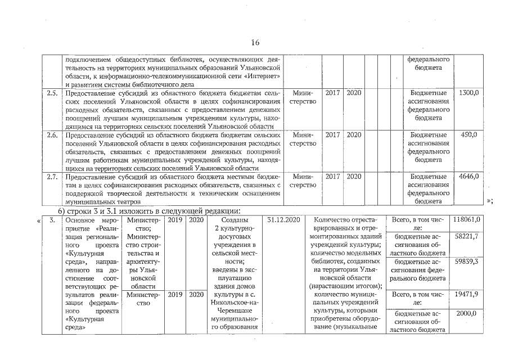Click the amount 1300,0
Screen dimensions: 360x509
pos(469,92)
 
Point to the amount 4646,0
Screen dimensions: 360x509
pos(469,177)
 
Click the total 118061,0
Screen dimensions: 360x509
pos(468,220)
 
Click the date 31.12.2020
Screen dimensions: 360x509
pos(285,220)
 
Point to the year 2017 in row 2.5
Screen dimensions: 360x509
pos(333,92)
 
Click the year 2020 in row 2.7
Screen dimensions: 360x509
pos(354,177)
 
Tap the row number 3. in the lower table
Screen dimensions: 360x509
pos(52,220)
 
